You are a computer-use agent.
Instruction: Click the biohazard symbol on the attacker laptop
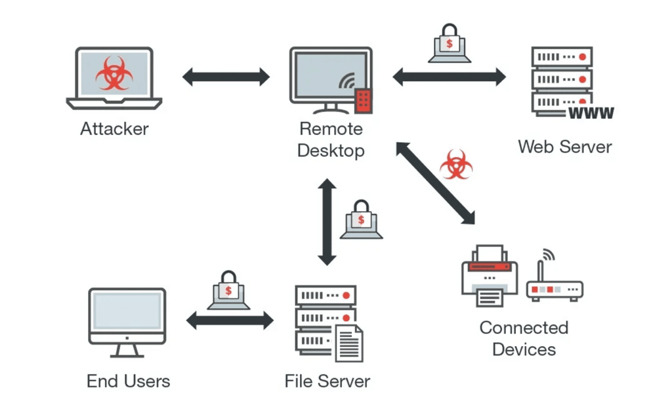pos(114,73)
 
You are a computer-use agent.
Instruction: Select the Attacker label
pos(114,128)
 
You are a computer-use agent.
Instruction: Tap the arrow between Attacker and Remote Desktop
pos(226,77)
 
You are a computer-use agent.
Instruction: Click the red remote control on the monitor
pos(363,100)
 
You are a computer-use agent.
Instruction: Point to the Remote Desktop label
pos(331,139)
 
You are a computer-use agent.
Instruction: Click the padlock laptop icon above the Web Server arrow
pos(450,45)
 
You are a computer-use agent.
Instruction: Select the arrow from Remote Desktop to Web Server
pos(450,77)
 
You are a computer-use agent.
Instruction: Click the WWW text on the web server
pos(591,113)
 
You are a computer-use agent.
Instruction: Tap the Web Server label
pos(564,146)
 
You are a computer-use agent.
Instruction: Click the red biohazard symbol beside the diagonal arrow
pos(455,164)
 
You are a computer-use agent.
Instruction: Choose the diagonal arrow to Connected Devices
pos(435,183)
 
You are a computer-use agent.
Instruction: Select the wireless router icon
pos(554,281)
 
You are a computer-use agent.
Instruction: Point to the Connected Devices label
pos(524,338)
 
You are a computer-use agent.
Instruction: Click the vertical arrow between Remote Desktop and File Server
pos(327,222)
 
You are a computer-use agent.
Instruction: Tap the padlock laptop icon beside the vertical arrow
pos(361,220)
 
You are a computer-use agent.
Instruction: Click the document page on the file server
pos(348,343)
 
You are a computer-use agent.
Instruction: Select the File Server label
pos(327,381)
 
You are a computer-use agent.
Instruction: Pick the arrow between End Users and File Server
pos(230,321)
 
